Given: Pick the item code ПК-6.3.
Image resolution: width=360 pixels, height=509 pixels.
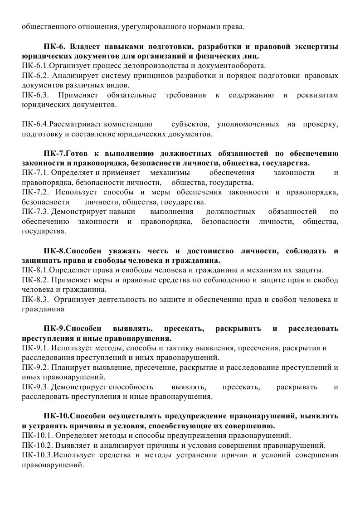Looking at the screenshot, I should click(34, 95).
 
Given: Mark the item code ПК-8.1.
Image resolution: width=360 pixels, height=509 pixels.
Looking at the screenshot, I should click(34, 270).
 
